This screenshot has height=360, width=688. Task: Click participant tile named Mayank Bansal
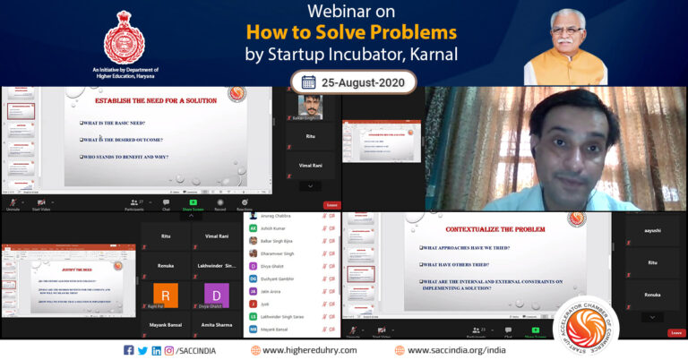click(166, 327)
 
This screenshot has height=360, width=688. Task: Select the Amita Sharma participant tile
click(217, 327)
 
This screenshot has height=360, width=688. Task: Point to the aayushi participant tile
click(652, 231)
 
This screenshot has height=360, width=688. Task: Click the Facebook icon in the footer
click(129, 350)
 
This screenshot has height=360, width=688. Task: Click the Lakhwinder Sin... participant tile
click(217, 266)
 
